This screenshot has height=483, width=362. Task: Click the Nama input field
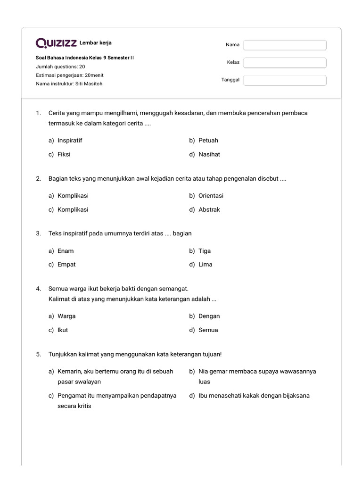[285, 45]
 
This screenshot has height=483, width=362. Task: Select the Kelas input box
[285, 63]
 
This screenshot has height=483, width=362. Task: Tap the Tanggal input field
[285, 81]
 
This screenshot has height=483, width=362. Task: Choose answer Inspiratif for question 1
[70, 141]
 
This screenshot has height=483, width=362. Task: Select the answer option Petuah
[208, 141]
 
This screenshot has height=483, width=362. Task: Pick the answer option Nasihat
[209, 154]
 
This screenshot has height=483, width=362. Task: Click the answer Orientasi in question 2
[211, 196]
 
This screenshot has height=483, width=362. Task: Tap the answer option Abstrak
[209, 209]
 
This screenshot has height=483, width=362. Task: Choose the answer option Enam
[66, 251]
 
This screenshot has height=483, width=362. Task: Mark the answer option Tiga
[205, 251]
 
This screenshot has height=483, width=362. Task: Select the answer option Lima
[205, 265]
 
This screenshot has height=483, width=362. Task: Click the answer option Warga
[66, 316]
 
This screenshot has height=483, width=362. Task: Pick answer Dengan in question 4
[209, 316]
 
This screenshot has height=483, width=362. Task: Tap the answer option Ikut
[63, 330]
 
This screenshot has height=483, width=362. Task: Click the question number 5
[38, 354]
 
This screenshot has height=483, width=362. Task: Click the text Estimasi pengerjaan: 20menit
[69, 75]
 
